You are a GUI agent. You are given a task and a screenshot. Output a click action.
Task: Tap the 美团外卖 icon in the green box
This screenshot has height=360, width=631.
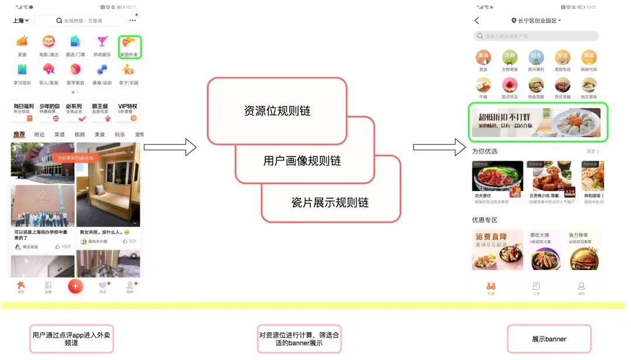click(x=129, y=46)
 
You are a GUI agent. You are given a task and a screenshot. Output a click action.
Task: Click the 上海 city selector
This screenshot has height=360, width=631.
click(x=21, y=20)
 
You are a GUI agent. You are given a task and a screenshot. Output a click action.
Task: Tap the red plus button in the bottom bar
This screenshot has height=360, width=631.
click(x=75, y=286)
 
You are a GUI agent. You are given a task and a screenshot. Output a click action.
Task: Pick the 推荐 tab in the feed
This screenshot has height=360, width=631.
click(x=19, y=134)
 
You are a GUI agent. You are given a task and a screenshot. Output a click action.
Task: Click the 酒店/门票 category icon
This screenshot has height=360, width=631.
click(x=75, y=46)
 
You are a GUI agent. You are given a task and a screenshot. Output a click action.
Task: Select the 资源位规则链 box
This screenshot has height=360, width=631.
click(x=277, y=110)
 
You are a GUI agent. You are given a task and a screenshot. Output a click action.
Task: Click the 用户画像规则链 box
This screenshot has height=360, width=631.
click(x=302, y=160)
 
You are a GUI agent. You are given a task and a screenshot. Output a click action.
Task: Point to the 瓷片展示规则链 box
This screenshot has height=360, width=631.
click(x=330, y=202)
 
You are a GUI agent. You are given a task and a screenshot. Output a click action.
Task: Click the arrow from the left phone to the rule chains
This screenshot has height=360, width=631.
click(x=170, y=147)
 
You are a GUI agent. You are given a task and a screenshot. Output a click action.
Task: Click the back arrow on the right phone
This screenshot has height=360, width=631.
click(x=477, y=20)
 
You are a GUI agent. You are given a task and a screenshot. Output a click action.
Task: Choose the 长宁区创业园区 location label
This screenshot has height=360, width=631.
click(x=536, y=20)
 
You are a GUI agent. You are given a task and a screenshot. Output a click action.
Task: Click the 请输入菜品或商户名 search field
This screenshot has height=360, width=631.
click(x=536, y=36)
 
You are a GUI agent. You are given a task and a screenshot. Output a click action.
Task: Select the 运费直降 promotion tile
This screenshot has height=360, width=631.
click(x=497, y=249)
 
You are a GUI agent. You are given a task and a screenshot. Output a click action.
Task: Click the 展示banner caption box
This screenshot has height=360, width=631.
click(x=549, y=339)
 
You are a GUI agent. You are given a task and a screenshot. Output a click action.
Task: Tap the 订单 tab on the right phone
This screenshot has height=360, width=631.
click(x=536, y=288)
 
